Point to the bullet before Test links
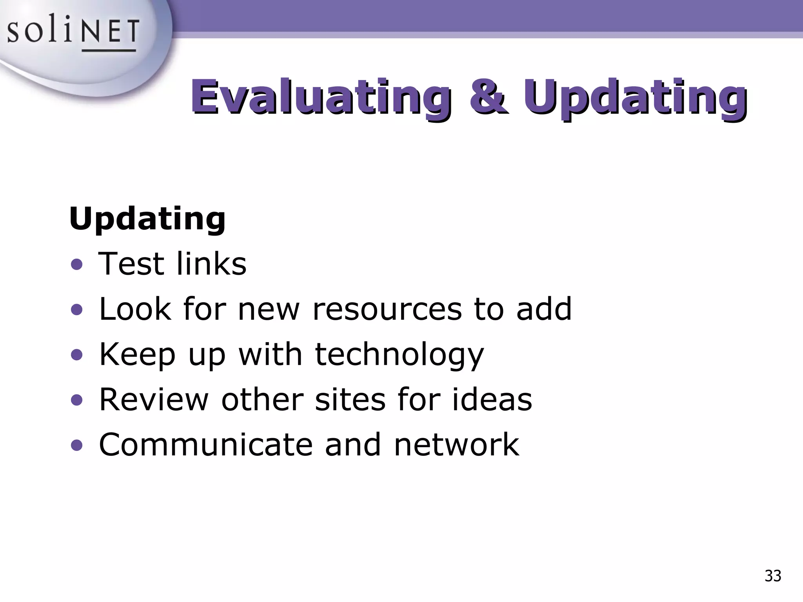click(77, 265)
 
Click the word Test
click(131, 264)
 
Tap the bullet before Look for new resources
click(77, 310)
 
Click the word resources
click(387, 309)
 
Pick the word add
click(544, 309)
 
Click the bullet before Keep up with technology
click(77, 355)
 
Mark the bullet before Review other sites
click(77, 400)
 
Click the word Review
click(154, 399)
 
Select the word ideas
click(492, 399)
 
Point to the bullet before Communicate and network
click(77, 445)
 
